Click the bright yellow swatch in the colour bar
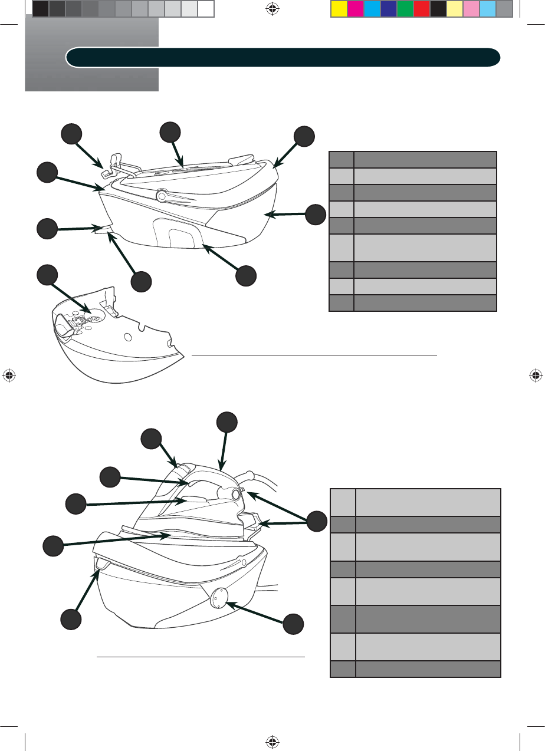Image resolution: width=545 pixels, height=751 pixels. (x=339, y=9)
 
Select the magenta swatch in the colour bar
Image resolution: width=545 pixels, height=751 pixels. (x=355, y=9)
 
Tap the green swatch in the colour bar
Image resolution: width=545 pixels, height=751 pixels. (x=405, y=9)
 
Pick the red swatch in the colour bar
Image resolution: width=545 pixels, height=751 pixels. (x=421, y=9)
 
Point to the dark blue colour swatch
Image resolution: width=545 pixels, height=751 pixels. (x=388, y=9)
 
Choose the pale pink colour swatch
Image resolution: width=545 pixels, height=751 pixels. (x=471, y=9)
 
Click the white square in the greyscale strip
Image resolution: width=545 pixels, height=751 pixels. (x=205, y=9)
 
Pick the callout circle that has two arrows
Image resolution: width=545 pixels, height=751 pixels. (x=317, y=521)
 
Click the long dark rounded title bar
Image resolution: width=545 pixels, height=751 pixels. (x=283, y=57)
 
